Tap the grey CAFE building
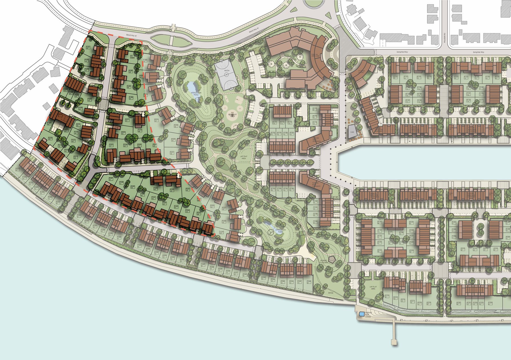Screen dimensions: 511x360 [352, 132]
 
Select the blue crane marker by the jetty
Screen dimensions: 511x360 [362, 314]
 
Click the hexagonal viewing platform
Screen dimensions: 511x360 [332, 259]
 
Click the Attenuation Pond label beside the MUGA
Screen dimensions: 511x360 [196, 93]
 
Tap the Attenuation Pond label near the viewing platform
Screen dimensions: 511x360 [280, 231]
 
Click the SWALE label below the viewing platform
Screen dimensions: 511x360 [331, 293]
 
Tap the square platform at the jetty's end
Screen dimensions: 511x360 [394, 342]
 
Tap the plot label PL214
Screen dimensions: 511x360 [387, 296]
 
